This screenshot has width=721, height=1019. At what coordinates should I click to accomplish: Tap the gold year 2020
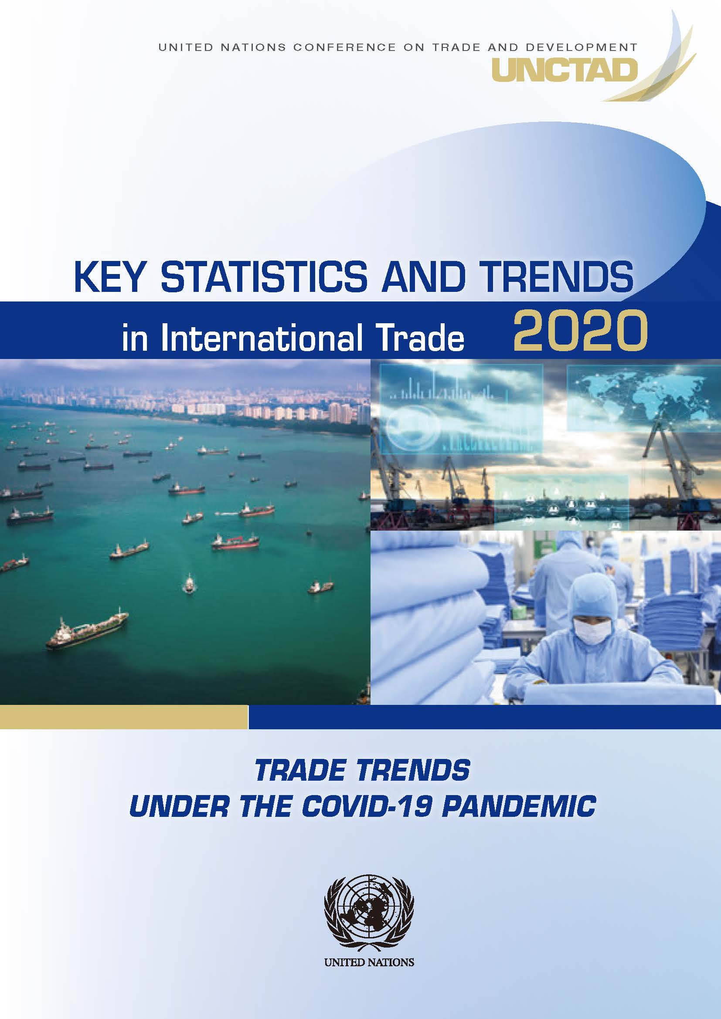580,331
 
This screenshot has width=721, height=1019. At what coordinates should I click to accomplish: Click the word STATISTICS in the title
264,277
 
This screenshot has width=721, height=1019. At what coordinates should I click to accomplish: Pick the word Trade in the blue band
426,338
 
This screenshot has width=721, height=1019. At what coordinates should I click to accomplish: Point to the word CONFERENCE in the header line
344,47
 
